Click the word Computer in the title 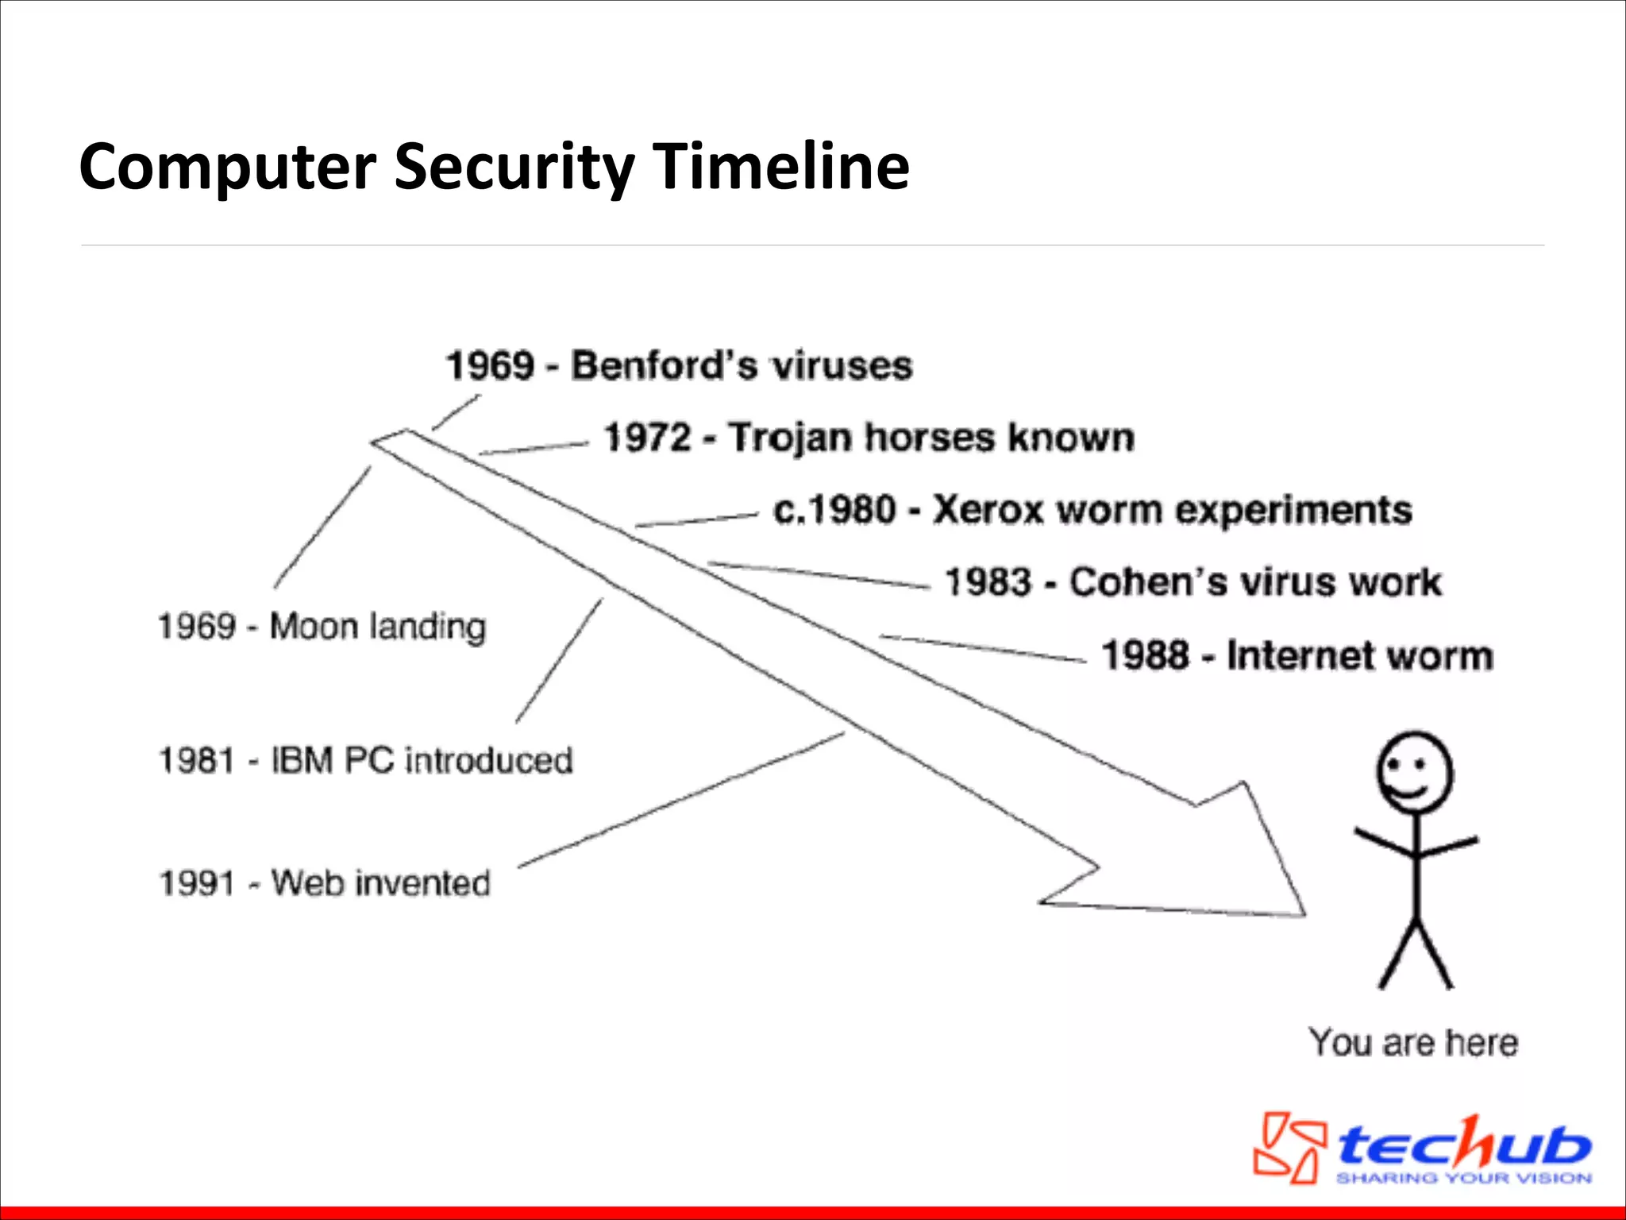coord(227,168)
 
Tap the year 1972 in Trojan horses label coord(647,438)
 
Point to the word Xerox coord(987,510)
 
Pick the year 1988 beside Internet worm coord(1144,656)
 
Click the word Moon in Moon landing coord(313,626)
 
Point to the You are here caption coord(1413,1042)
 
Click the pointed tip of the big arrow coord(1302,913)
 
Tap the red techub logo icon coord(1289,1147)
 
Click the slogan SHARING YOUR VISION coord(1462,1178)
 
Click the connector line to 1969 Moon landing coord(322,528)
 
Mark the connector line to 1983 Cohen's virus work coord(818,575)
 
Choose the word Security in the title coord(514,168)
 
